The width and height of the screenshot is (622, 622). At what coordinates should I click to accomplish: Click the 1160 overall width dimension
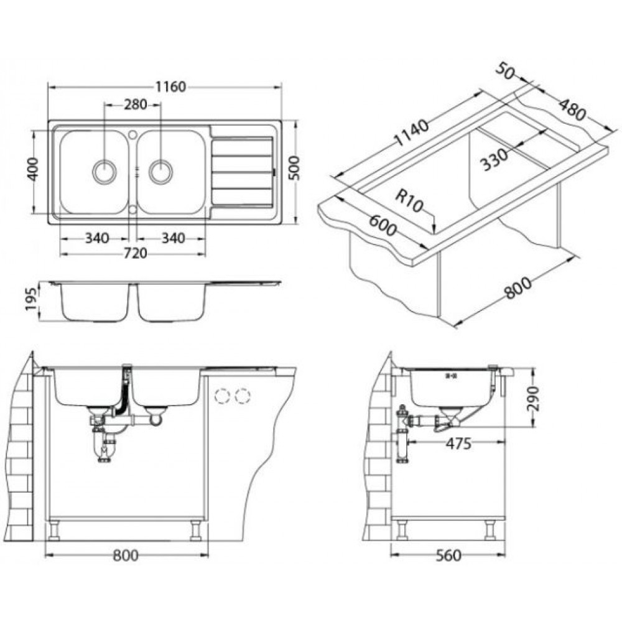[170, 87]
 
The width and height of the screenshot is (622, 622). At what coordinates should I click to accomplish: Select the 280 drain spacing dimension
[136, 104]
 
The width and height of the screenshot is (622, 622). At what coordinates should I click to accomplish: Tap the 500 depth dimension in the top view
[294, 168]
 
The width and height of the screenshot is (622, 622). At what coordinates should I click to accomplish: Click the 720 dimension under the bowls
[136, 254]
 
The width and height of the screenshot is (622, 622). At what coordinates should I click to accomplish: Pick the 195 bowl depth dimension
[32, 300]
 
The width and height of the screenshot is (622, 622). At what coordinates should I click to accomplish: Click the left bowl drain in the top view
[104, 172]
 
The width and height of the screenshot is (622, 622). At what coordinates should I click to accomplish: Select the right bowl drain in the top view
[160, 172]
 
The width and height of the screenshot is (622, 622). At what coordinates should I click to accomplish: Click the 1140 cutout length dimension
[412, 132]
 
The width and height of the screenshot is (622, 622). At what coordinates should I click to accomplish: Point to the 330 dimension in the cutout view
[494, 159]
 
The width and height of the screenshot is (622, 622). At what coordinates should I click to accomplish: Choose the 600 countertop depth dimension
[383, 225]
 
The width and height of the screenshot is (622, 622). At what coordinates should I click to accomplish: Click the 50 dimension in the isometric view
[504, 72]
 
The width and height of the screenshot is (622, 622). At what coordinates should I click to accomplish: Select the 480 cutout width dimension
[572, 109]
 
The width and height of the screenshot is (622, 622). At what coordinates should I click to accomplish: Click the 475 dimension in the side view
[458, 443]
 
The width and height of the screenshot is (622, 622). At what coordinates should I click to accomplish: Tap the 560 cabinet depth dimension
[448, 555]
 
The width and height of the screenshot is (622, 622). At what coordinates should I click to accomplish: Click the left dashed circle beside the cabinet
[222, 396]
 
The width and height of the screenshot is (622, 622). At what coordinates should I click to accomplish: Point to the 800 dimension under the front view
[126, 555]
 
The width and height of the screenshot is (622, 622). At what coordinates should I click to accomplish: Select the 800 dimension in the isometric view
[518, 287]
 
